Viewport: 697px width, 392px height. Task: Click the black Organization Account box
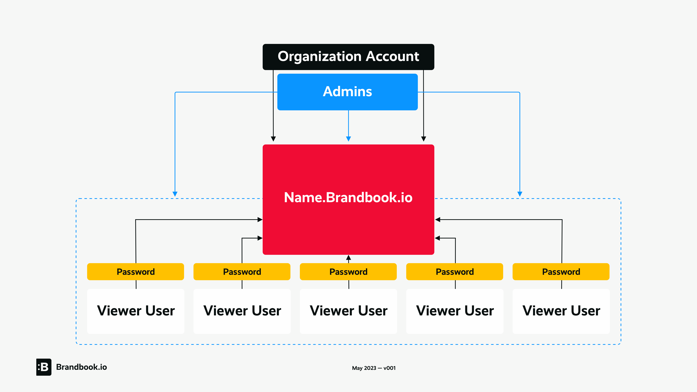348,57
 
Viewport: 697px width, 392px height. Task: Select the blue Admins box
347,92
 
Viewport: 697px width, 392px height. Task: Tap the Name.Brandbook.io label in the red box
348,197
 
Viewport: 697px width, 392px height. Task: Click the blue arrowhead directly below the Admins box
348,139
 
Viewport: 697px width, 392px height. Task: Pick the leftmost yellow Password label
136,272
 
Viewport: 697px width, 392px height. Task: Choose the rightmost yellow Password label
561,272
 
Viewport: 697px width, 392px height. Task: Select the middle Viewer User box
348,311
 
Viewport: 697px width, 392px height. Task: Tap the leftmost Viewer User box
136,311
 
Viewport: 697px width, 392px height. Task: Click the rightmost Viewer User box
561,311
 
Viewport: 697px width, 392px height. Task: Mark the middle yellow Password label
348,272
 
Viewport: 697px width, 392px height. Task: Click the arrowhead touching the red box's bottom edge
348,257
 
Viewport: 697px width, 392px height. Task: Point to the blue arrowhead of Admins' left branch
175,194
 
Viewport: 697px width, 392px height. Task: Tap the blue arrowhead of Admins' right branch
520,194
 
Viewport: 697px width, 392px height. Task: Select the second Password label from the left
242,272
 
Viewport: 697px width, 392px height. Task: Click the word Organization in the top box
319,57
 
